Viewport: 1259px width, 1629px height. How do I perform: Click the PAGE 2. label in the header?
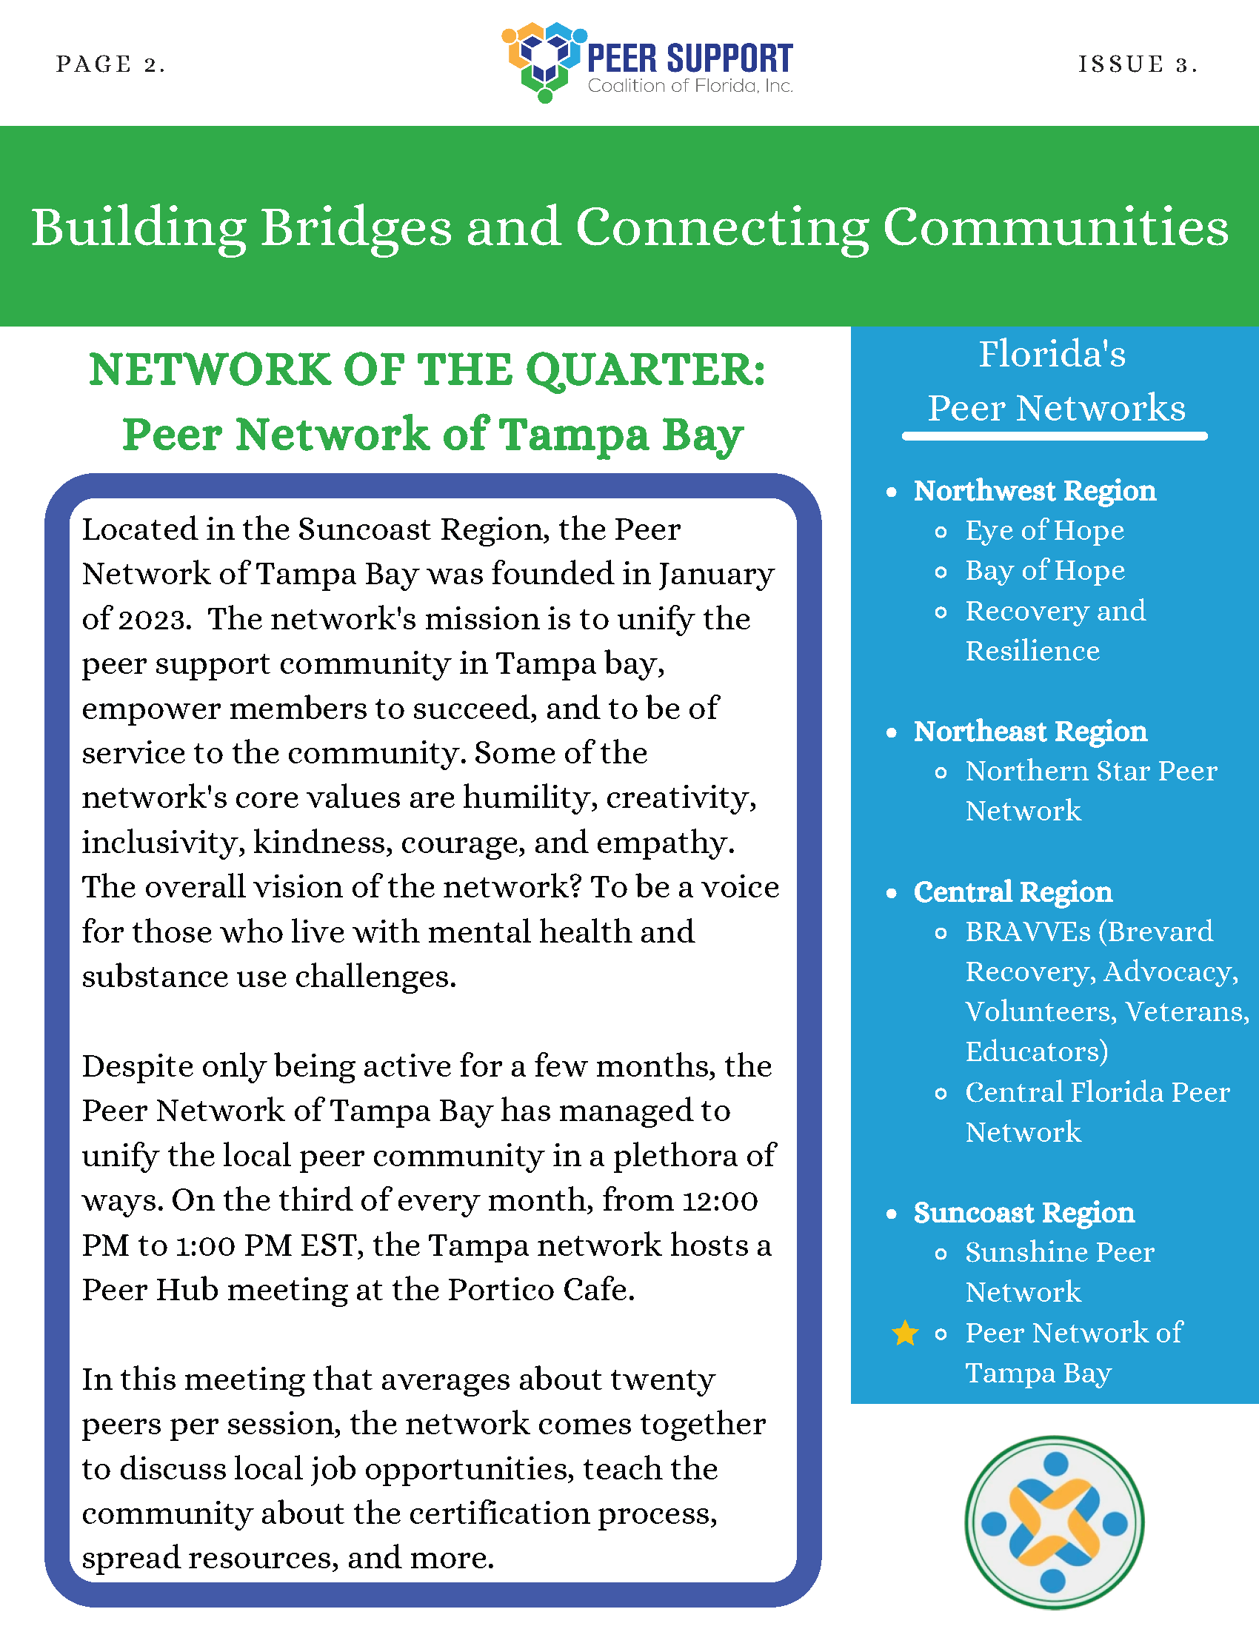pyautogui.click(x=110, y=64)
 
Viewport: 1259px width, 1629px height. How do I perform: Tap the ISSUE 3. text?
pyautogui.click(x=1138, y=64)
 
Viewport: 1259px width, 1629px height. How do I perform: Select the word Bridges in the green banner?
pyautogui.click(x=355, y=227)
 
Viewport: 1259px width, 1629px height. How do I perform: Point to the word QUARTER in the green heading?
pyautogui.click(x=645, y=370)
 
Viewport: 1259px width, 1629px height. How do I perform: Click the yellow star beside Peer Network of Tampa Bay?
pyautogui.click(x=905, y=1333)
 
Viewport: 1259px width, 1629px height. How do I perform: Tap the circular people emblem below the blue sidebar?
pyautogui.click(x=1053, y=1522)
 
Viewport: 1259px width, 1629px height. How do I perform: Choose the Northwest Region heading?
pyautogui.click(x=1035, y=491)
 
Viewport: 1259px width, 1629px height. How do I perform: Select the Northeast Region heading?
pyautogui.click(x=1030, y=732)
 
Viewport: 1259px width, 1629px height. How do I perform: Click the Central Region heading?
pyautogui.click(x=1012, y=892)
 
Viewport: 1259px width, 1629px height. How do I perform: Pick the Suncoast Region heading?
pyautogui.click(x=1024, y=1213)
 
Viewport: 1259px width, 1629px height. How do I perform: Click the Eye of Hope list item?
pyautogui.click(x=1044, y=530)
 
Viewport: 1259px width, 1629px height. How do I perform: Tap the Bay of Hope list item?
pyautogui.click(x=1044, y=571)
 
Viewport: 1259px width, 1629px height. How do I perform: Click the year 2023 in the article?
pyautogui.click(x=152, y=619)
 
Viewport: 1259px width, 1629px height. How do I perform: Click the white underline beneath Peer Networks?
pyautogui.click(x=1054, y=435)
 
